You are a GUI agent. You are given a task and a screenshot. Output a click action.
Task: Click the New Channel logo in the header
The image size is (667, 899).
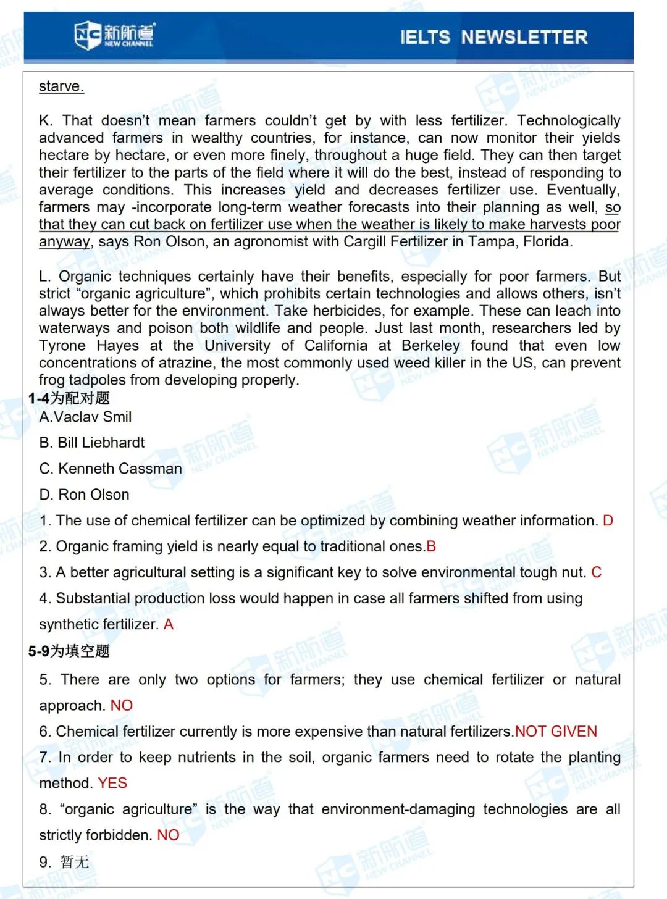[115, 35]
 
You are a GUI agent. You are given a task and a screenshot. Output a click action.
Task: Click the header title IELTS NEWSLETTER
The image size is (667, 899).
[493, 37]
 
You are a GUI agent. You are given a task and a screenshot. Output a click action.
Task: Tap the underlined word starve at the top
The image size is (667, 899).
[61, 86]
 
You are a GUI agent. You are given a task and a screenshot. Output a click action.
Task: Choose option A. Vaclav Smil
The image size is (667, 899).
[85, 417]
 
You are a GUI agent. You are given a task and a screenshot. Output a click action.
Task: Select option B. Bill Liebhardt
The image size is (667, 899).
[91, 443]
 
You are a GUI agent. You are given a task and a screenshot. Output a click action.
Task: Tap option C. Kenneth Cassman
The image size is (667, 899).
[111, 469]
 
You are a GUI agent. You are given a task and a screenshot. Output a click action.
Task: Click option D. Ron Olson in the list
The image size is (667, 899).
[84, 495]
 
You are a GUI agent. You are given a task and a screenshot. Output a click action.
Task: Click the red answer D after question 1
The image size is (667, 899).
[608, 521]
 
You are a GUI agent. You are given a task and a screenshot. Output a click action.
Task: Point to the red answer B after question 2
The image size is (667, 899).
[431, 546]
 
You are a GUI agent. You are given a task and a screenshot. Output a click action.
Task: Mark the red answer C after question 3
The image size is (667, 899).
[596, 572]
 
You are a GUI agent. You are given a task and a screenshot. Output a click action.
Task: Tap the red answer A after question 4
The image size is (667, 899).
[169, 624]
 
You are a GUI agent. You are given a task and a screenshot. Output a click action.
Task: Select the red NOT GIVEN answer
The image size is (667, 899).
[556, 732]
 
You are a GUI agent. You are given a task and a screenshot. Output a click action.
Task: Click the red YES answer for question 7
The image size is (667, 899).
[112, 783]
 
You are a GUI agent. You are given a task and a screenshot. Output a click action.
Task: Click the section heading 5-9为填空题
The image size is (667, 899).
[69, 651]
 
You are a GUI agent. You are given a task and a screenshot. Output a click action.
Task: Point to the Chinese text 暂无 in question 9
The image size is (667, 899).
[75, 861]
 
